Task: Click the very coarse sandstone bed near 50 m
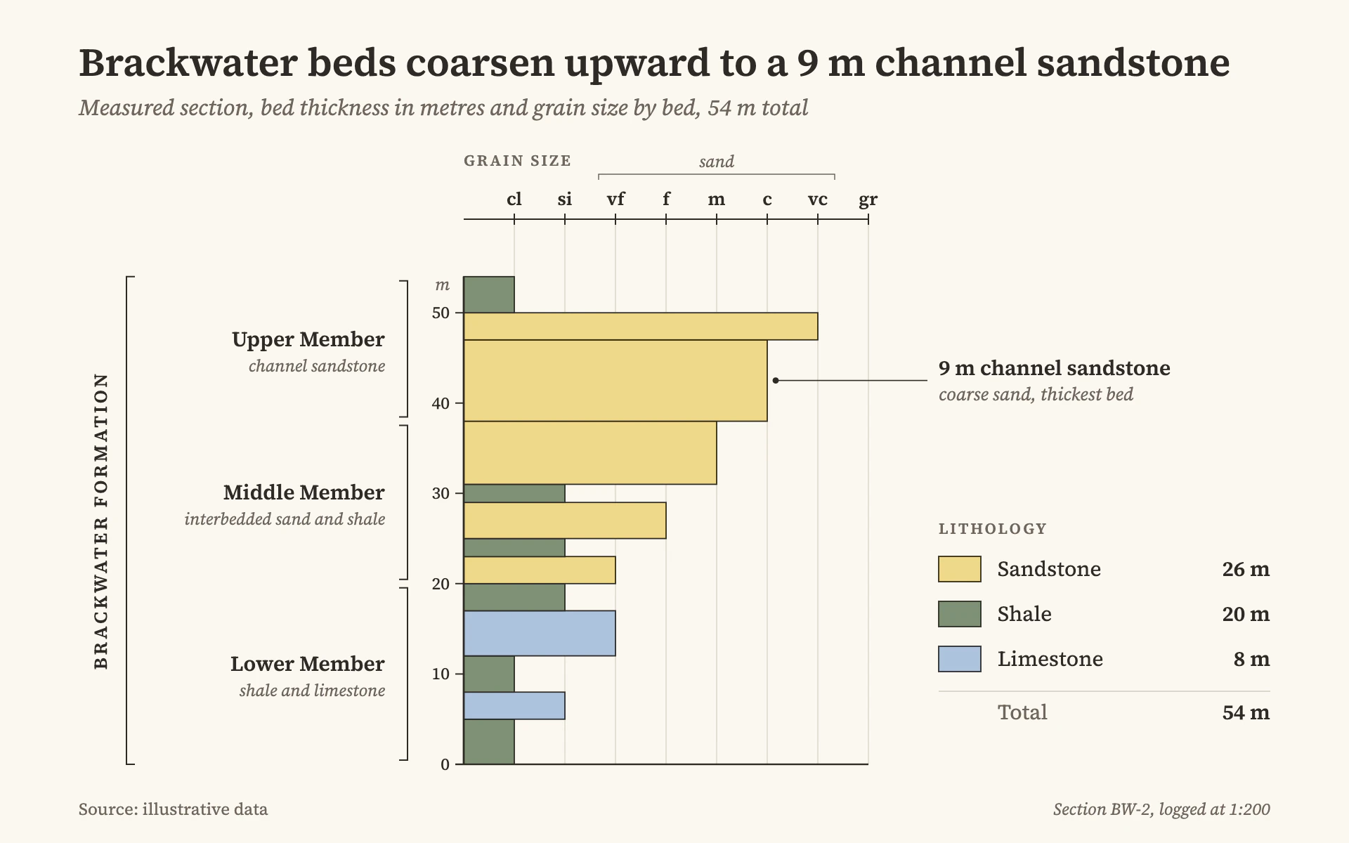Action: (x=641, y=326)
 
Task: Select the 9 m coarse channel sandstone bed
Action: (x=615, y=381)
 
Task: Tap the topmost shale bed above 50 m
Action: (x=489, y=294)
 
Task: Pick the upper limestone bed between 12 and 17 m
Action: (x=540, y=633)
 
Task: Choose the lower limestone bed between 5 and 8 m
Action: (x=514, y=705)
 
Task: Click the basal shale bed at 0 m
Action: (x=489, y=741)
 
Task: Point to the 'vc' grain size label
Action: (x=818, y=200)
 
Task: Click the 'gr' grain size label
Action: (x=868, y=200)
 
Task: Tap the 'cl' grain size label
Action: (x=514, y=199)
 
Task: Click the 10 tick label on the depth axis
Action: (x=441, y=674)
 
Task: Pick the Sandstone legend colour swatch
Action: (x=960, y=569)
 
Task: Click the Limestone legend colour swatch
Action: (x=960, y=659)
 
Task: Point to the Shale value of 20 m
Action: (x=1246, y=614)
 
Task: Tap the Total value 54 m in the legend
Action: (x=1246, y=712)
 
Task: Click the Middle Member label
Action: (x=304, y=492)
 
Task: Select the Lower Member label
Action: (x=308, y=664)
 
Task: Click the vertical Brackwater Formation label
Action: (x=102, y=521)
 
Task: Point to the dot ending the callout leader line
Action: (x=776, y=381)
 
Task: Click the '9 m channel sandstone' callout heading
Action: (x=1055, y=368)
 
